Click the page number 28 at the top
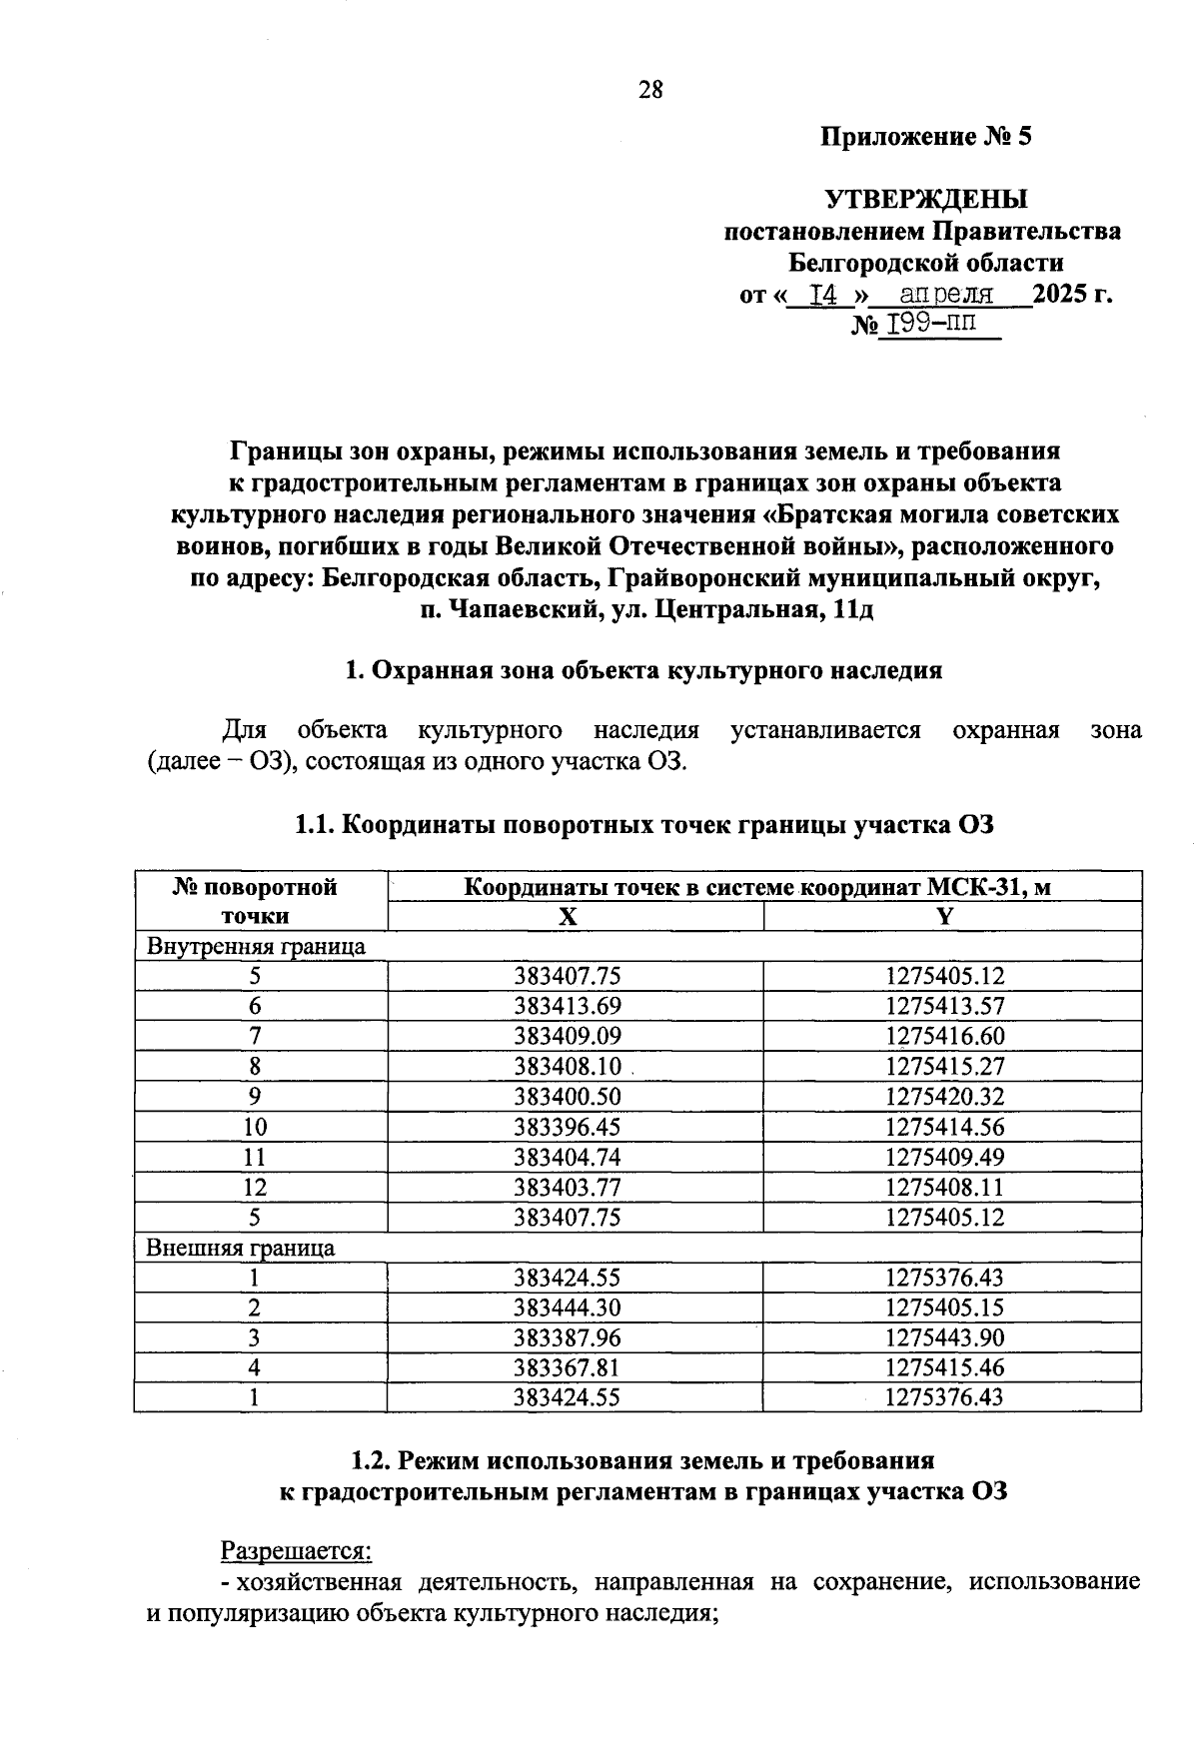point(650,91)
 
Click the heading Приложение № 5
point(925,136)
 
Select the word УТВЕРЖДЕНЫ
point(925,199)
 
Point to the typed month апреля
point(945,295)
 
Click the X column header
point(568,916)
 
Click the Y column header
point(945,916)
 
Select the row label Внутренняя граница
point(256,946)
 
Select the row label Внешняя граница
point(241,1248)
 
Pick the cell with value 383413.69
point(568,1007)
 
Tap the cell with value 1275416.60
point(945,1037)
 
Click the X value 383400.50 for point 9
point(568,1097)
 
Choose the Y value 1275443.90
point(945,1337)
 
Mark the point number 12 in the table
point(256,1188)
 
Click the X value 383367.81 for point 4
point(568,1367)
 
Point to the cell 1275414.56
point(945,1128)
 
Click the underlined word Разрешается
point(296,1550)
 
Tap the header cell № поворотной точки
point(256,901)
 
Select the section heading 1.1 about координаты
point(644,825)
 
